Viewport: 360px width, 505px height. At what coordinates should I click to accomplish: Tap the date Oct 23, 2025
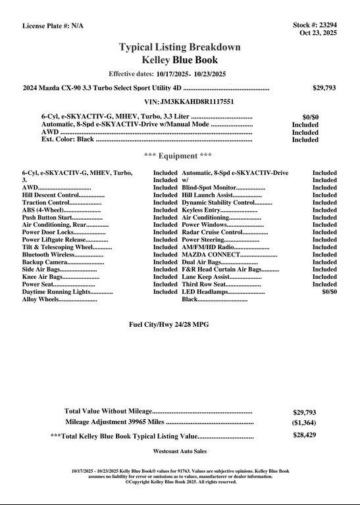(x=318, y=33)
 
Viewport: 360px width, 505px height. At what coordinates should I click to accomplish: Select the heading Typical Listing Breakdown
(x=180, y=47)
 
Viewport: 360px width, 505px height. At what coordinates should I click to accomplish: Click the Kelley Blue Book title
(x=180, y=60)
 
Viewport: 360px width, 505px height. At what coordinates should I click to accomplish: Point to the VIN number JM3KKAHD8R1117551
(x=189, y=102)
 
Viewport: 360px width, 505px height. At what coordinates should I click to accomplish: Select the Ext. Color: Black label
(x=68, y=139)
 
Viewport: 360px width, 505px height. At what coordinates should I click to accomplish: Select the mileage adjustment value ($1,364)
(x=304, y=423)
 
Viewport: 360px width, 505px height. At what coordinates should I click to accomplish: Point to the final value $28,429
(x=304, y=435)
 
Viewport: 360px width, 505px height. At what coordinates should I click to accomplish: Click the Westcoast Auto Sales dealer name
(x=180, y=452)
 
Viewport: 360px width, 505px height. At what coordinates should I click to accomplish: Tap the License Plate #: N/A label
(x=53, y=26)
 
